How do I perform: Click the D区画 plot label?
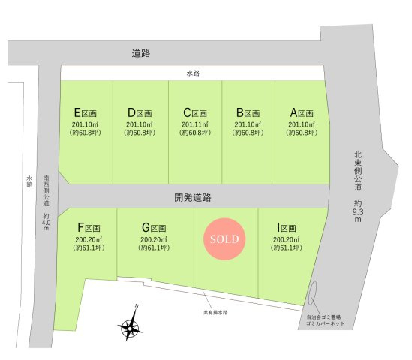point(140,113)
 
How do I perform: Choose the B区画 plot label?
point(248,113)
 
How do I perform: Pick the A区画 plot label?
point(302,113)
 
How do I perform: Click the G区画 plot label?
point(153,227)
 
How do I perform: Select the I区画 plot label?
point(287,227)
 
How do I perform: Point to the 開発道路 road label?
point(193,197)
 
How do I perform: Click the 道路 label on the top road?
point(140,53)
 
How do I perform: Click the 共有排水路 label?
point(215,311)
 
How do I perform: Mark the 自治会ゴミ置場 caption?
point(326,317)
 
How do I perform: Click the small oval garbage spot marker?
point(313,293)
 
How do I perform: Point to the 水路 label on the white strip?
point(194,73)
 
